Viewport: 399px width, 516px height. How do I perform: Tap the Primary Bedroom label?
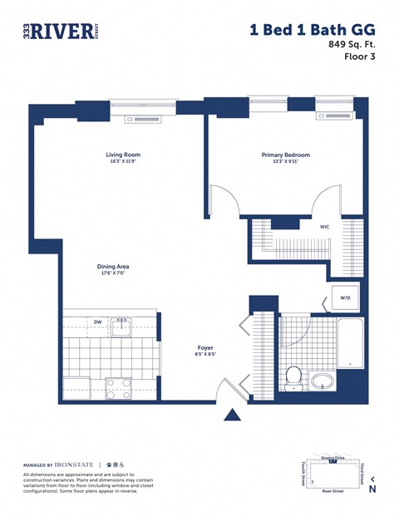285,155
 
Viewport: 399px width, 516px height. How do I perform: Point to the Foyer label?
205,348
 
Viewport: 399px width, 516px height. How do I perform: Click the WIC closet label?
325,226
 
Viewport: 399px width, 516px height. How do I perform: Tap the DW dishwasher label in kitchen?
97,322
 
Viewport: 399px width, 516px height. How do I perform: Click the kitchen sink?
123,324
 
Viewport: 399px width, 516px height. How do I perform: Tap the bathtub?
350,343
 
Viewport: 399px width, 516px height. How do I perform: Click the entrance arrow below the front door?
233,414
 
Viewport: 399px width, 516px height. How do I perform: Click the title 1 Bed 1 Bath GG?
307,29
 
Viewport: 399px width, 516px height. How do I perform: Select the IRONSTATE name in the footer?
75,464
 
